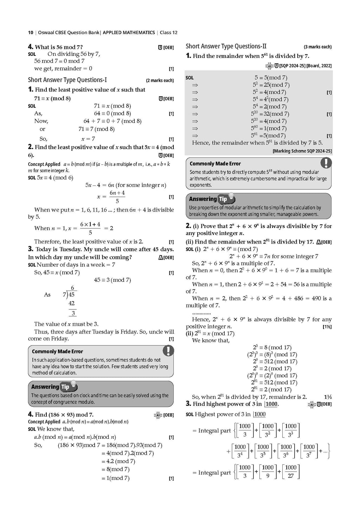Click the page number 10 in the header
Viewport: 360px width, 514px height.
pyautogui.click(x=31, y=33)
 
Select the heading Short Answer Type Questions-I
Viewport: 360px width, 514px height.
pyautogui.click(x=67, y=80)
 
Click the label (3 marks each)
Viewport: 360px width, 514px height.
pyautogui.click(x=317, y=47)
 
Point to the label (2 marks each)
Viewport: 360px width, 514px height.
pyautogui.click(x=160, y=80)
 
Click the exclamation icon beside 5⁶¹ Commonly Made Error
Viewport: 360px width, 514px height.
pyautogui.click(x=326, y=162)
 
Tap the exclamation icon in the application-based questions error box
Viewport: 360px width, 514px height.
pyautogui.click(x=168, y=350)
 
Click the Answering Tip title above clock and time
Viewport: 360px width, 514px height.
pyautogui.click(x=50, y=386)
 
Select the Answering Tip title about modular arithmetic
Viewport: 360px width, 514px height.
pyautogui.click(x=208, y=199)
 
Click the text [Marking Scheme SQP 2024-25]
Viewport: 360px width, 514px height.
pyautogui.click(x=302, y=151)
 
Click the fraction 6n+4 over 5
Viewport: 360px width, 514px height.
pyautogui.click(x=117, y=197)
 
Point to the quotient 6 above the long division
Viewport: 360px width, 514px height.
pyautogui.click(x=72, y=288)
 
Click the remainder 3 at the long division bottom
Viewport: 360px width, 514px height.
pyautogui.click(x=73, y=313)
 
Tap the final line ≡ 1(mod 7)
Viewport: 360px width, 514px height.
pyautogui.click(x=115, y=478)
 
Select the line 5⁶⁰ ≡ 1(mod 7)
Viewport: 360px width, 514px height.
pyautogui.click(x=269, y=128)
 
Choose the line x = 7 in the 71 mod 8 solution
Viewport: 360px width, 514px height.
pyautogui.click(x=88, y=139)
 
